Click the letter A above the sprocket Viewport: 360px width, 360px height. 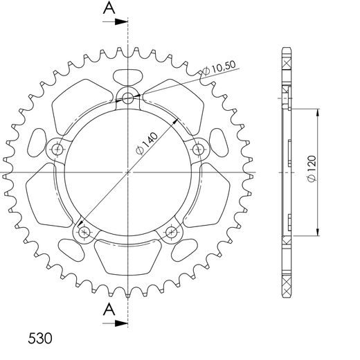click(x=109, y=8)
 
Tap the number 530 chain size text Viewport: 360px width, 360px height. click(x=41, y=340)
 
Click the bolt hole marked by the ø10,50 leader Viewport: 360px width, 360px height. click(x=128, y=98)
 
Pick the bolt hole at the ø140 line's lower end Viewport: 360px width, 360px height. click(x=84, y=232)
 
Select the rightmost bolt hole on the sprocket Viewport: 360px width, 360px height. click(x=199, y=148)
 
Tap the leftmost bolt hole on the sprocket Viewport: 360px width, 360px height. click(x=57, y=148)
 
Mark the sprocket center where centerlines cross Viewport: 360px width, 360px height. click(x=128, y=171)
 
